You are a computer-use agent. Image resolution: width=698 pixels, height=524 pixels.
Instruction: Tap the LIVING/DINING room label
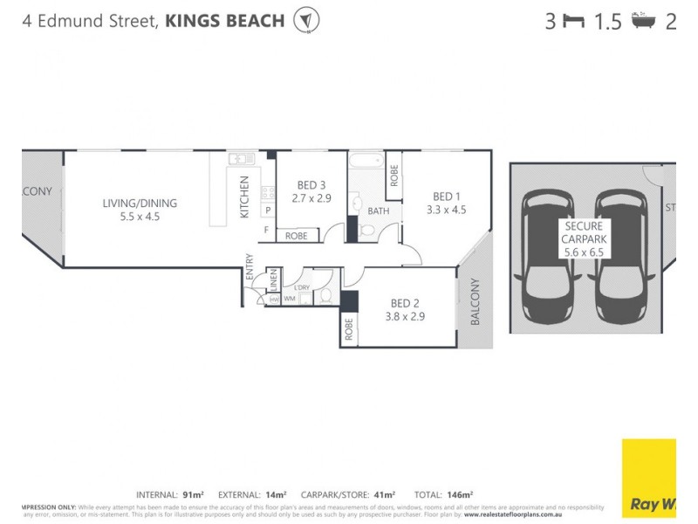[140, 203]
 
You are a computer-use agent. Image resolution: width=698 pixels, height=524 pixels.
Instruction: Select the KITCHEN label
[244, 196]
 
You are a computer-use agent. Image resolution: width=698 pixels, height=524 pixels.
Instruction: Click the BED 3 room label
[311, 185]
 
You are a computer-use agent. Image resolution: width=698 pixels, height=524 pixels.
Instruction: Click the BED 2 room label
[404, 305]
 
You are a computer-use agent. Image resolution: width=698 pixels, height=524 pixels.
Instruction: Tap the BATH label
[378, 211]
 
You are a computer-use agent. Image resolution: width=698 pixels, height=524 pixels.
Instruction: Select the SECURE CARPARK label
[584, 232]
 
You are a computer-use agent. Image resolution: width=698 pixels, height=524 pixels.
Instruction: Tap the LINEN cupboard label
[273, 279]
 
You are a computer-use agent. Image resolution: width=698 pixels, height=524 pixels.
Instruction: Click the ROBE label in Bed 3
[297, 236]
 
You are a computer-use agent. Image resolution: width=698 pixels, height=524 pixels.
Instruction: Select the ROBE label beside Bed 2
[349, 329]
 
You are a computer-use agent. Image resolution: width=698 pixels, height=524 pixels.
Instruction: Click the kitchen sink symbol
[241, 159]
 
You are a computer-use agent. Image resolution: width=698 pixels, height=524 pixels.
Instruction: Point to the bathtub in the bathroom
[366, 161]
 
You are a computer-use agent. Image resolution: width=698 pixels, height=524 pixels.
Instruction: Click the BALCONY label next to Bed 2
[476, 302]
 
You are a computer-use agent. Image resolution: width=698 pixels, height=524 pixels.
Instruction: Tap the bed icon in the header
[573, 22]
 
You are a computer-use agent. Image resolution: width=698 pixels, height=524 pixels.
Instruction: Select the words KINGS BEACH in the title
[224, 20]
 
